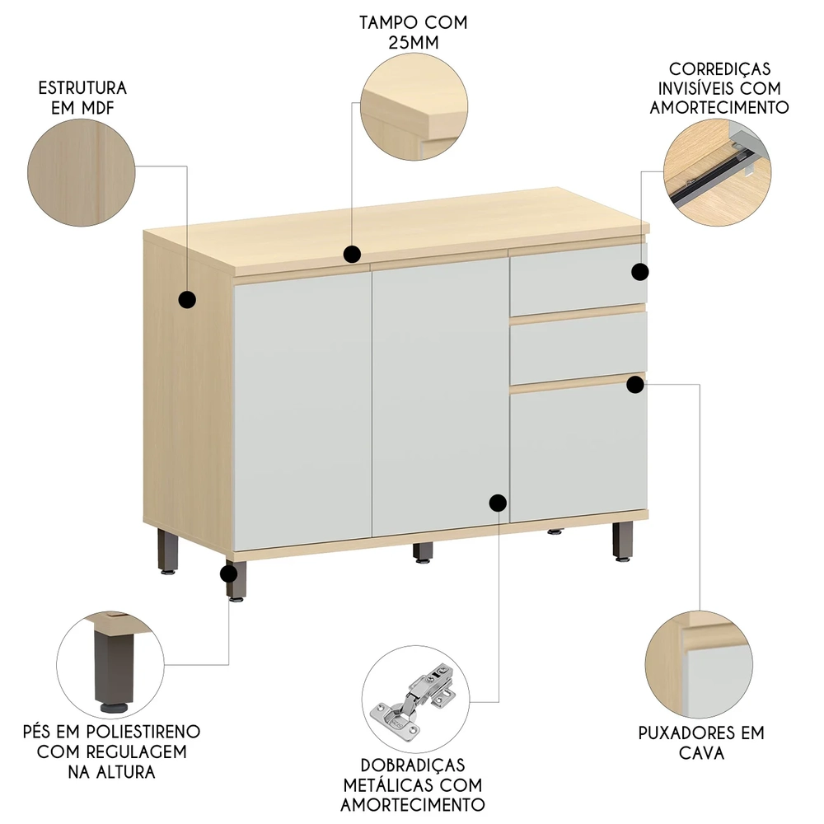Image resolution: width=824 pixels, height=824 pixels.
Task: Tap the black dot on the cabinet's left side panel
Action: (187, 299)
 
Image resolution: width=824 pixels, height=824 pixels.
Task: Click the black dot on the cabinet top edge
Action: (352, 254)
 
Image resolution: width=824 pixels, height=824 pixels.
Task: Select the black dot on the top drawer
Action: (639, 271)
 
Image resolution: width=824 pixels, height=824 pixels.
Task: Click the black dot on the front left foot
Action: (230, 574)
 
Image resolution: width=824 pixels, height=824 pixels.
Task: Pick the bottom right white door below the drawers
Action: (577, 453)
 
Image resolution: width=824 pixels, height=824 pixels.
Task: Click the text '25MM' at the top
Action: (413, 43)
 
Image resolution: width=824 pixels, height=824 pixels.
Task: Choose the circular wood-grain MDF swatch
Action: (82, 174)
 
